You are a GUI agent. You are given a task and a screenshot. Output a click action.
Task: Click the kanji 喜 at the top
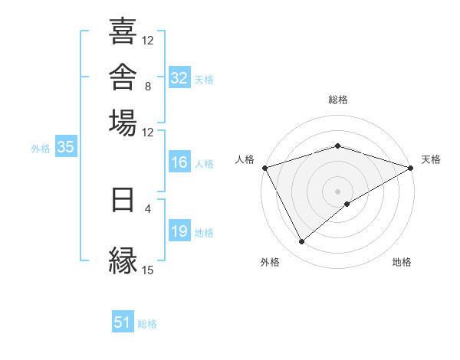click(123, 31)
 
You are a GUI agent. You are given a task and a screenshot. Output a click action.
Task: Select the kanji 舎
click(123, 77)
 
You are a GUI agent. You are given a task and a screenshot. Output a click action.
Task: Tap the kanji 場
click(123, 123)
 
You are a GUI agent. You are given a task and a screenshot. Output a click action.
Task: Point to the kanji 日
click(123, 200)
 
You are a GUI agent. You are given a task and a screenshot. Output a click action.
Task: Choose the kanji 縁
click(123, 260)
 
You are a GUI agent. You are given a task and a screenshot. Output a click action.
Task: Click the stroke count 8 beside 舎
click(148, 87)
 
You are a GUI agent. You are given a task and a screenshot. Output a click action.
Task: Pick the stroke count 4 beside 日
click(148, 209)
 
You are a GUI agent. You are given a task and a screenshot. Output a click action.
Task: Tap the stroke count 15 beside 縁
click(147, 270)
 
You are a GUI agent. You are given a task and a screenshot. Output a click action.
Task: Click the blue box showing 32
click(179, 77)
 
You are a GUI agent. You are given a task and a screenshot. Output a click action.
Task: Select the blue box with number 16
click(179, 162)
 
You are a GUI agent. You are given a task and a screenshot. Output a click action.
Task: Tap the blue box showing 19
click(179, 230)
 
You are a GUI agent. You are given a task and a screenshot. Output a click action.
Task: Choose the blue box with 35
click(66, 146)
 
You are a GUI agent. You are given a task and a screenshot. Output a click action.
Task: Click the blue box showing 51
click(123, 321)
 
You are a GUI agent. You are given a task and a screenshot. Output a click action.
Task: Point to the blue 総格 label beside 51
click(147, 324)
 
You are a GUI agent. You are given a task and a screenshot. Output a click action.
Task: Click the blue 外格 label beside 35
click(41, 149)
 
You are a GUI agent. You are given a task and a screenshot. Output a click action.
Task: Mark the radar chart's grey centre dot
click(337, 191)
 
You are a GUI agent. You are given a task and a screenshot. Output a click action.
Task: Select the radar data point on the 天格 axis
click(411, 168)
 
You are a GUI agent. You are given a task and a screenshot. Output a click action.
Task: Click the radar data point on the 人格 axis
click(265, 168)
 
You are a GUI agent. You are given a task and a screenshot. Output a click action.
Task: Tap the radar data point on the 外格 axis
click(301, 241)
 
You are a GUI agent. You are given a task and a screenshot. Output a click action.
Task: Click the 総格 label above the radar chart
click(338, 100)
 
